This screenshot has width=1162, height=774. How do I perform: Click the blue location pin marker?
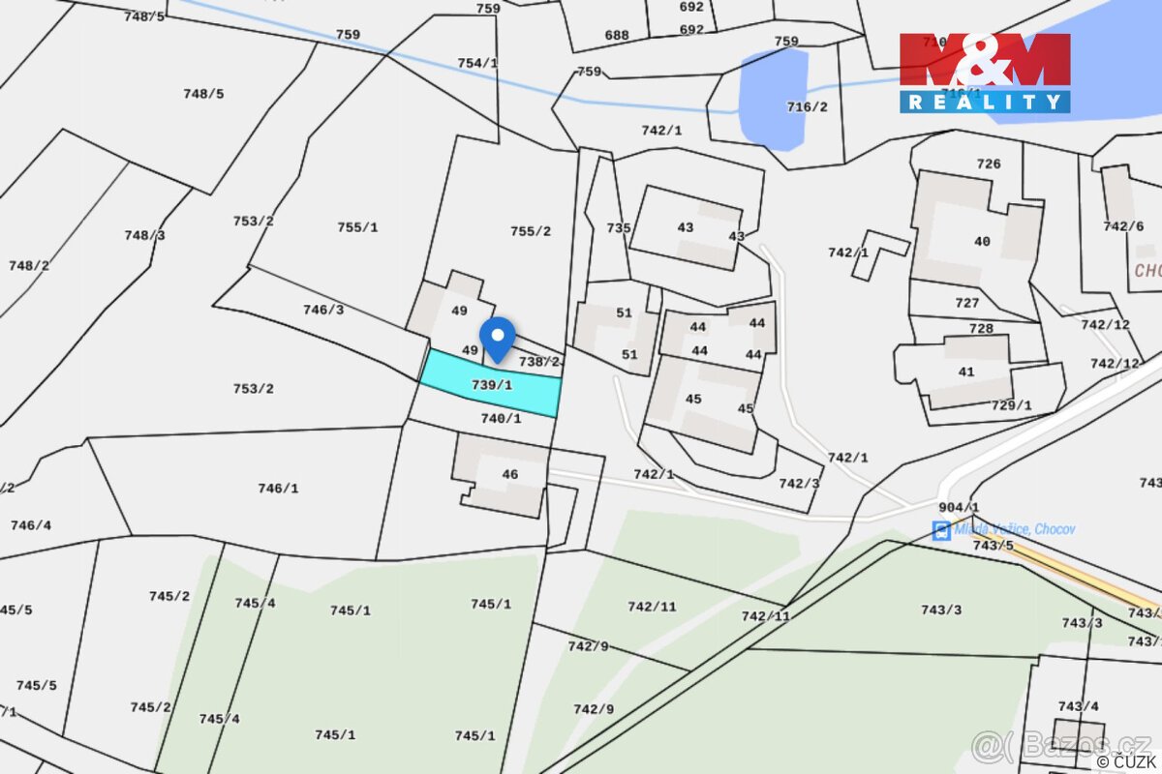pos(498,339)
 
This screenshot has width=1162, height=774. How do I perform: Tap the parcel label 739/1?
pos(491,385)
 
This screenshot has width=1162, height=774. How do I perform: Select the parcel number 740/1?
pos(501,419)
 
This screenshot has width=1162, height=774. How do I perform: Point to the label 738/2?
pos(539,362)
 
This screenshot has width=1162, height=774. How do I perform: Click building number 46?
pos(509,475)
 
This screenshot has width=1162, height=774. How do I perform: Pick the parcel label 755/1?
pos(357,228)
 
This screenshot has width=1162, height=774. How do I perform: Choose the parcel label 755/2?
pos(531,231)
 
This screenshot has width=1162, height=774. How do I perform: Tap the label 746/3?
pos(323,311)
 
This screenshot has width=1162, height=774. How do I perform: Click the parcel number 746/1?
pos(278,489)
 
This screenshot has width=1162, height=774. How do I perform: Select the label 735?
pos(619,229)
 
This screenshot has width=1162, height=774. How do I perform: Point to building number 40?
pos(982,242)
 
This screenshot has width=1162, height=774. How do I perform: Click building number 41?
pos(966,372)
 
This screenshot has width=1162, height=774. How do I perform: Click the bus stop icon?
pos(940,530)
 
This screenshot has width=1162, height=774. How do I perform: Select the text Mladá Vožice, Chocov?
pos(1014,529)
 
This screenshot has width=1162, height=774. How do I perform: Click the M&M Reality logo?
pos(985,73)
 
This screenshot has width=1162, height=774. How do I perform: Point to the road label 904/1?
pos(959,508)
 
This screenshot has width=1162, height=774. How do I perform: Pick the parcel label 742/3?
pos(799,484)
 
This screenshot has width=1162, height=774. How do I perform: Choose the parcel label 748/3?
pos(144,236)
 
